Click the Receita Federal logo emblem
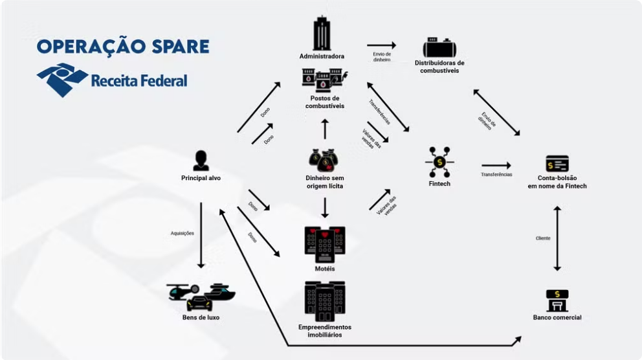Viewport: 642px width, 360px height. click(x=62, y=79)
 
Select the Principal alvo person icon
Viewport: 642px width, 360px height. click(x=201, y=161)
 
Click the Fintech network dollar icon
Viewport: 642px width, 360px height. click(x=439, y=162)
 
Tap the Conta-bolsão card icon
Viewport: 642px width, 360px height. click(x=557, y=163)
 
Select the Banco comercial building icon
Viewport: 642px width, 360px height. click(x=557, y=300)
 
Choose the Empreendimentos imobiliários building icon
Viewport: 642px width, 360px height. click(x=325, y=302)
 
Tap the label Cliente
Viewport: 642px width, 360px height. click(x=543, y=238)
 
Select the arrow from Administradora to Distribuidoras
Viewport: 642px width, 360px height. click(x=381, y=45)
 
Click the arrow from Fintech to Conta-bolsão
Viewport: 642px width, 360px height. click(x=496, y=166)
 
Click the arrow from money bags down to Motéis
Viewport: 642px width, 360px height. click(x=325, y=207)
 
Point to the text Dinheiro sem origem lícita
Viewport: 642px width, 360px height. click(x=325, y=182)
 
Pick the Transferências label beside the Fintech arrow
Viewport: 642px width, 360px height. click(x=496, y=175)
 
